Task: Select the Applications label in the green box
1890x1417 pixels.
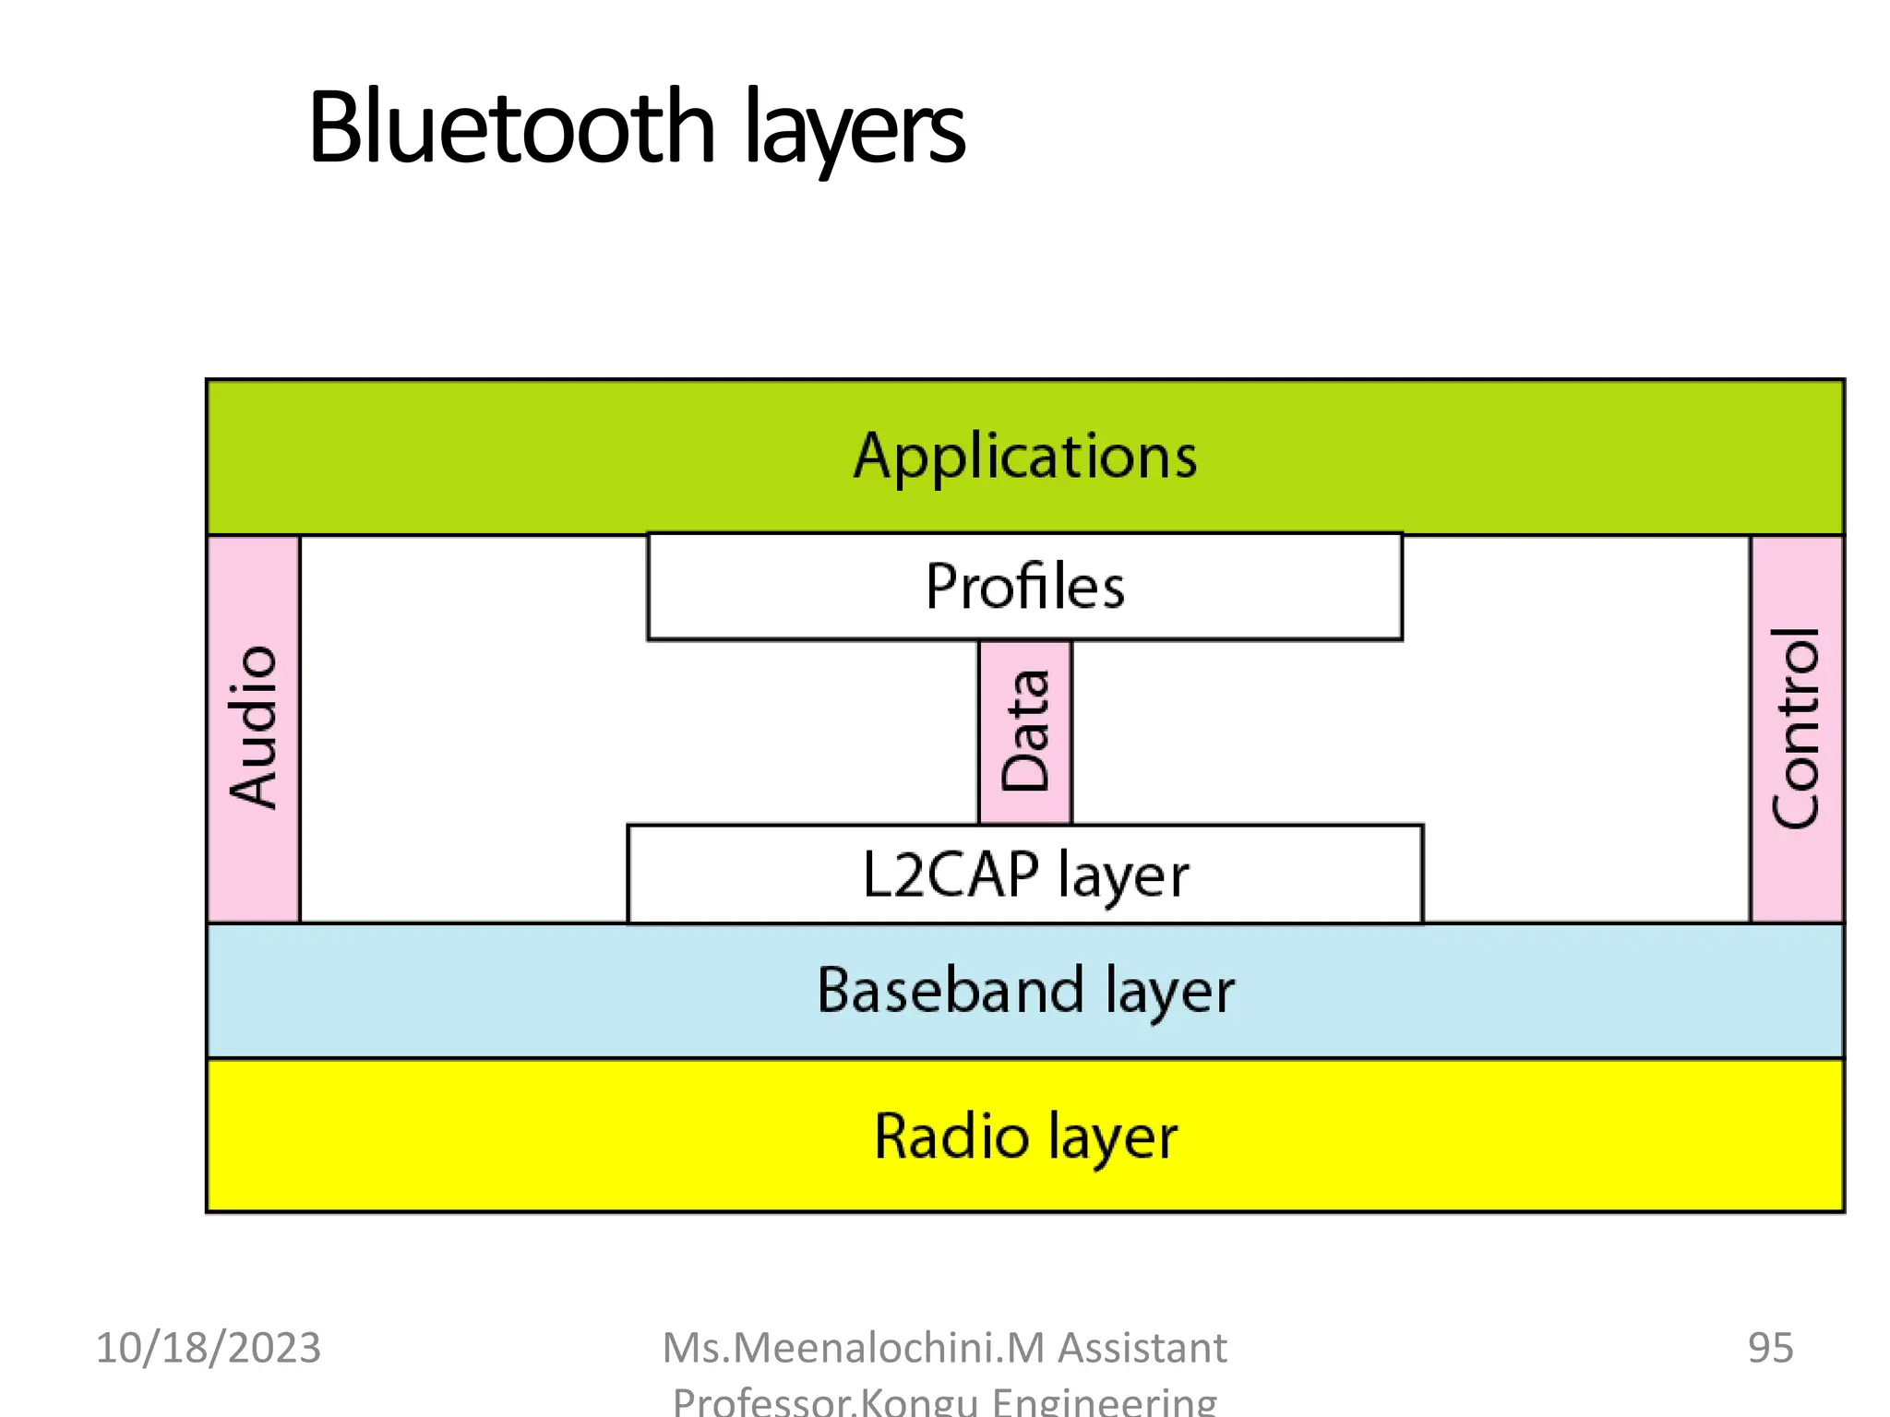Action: pos(1024,456)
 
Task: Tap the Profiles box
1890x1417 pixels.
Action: pos(1024,587)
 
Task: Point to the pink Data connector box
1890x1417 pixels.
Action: pos(1024,731)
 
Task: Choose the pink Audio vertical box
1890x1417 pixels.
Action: pos(253,728)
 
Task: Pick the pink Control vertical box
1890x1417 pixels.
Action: pos(1796,728)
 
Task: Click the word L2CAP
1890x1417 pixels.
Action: pos(951,875)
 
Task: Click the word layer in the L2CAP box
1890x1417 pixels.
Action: pos(1123,876)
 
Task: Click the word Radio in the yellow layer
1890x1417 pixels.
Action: pos(951,1136)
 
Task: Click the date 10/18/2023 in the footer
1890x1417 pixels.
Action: pos(209,1348)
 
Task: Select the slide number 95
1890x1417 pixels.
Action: pos(1770,1348)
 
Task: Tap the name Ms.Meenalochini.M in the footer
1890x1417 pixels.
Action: pos(854,1348)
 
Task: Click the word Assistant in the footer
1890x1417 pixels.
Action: pos(1142,1348)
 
